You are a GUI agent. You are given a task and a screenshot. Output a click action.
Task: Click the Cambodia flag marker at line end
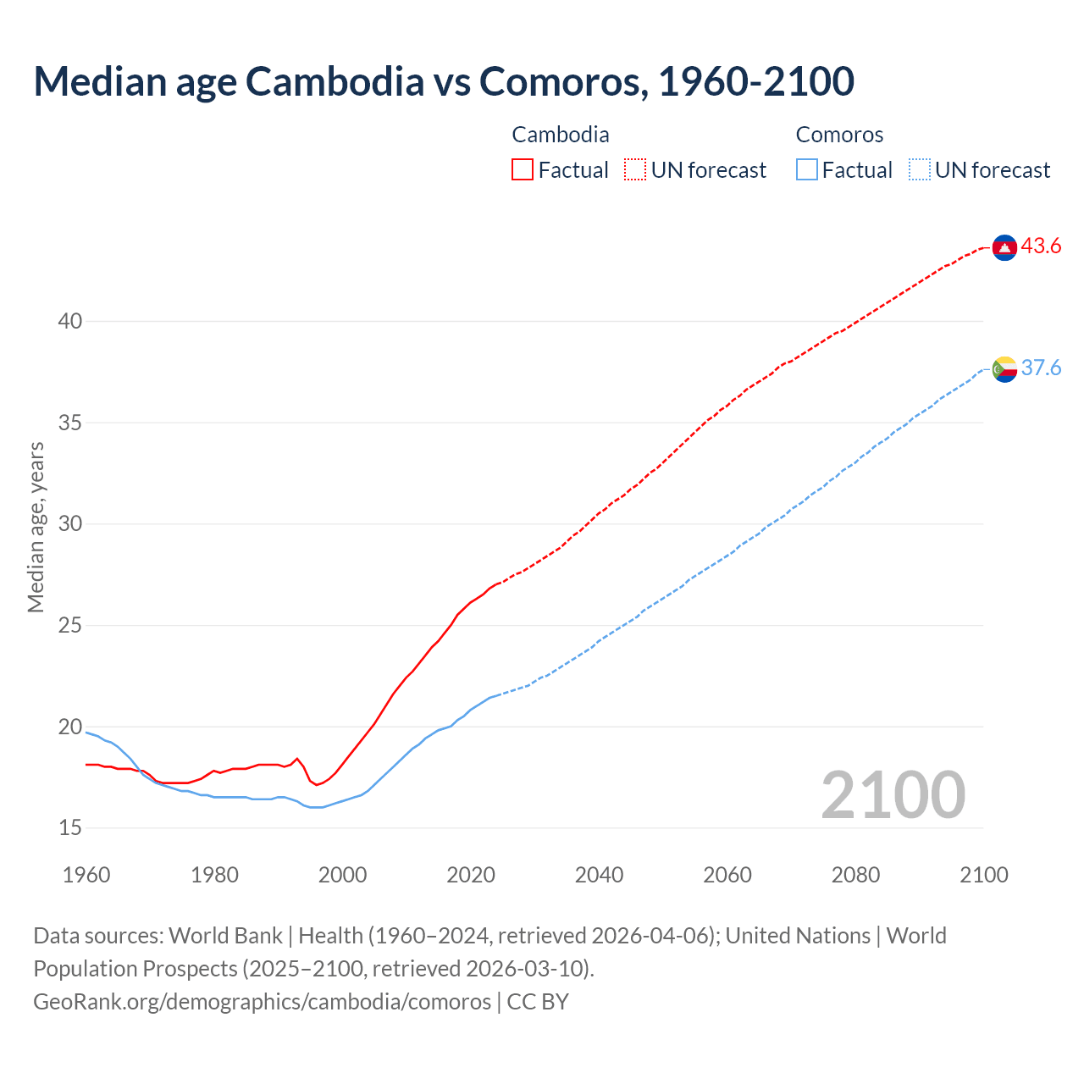tap(1004, 247)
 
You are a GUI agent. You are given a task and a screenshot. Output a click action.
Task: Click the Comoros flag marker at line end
tap(1004, 369)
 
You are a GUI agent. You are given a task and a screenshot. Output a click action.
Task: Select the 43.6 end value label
tap(1041, 246)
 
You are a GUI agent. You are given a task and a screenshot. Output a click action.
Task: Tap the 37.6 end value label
tap(1041, 368)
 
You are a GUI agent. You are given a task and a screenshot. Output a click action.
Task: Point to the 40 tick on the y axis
tap(70, 321)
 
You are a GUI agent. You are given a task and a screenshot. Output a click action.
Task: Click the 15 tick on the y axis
tap(70, 827)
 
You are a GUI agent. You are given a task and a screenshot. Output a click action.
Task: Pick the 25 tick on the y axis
tap(70, 625)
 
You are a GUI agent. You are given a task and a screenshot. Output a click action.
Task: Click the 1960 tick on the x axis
tap(86, 875)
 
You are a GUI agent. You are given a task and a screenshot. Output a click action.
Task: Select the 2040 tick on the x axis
tap(599, 875)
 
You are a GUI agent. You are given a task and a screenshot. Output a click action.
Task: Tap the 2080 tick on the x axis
tap(855, 875)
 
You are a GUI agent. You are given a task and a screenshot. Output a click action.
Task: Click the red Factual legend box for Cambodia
tap(523, 170)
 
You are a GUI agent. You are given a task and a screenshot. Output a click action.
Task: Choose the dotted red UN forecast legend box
tap(635, 170)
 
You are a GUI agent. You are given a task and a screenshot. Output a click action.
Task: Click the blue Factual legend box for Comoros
tap(807, 170)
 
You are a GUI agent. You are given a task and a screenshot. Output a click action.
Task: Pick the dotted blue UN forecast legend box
tap(919, 170)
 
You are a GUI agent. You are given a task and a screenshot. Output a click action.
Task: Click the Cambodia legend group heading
tap(561, 135)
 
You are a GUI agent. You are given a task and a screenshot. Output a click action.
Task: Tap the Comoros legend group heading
tap(839, 135)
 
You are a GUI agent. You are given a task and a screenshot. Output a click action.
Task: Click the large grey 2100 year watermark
tap(893, 795)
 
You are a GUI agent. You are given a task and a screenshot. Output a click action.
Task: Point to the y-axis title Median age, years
tap(36, 527)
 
